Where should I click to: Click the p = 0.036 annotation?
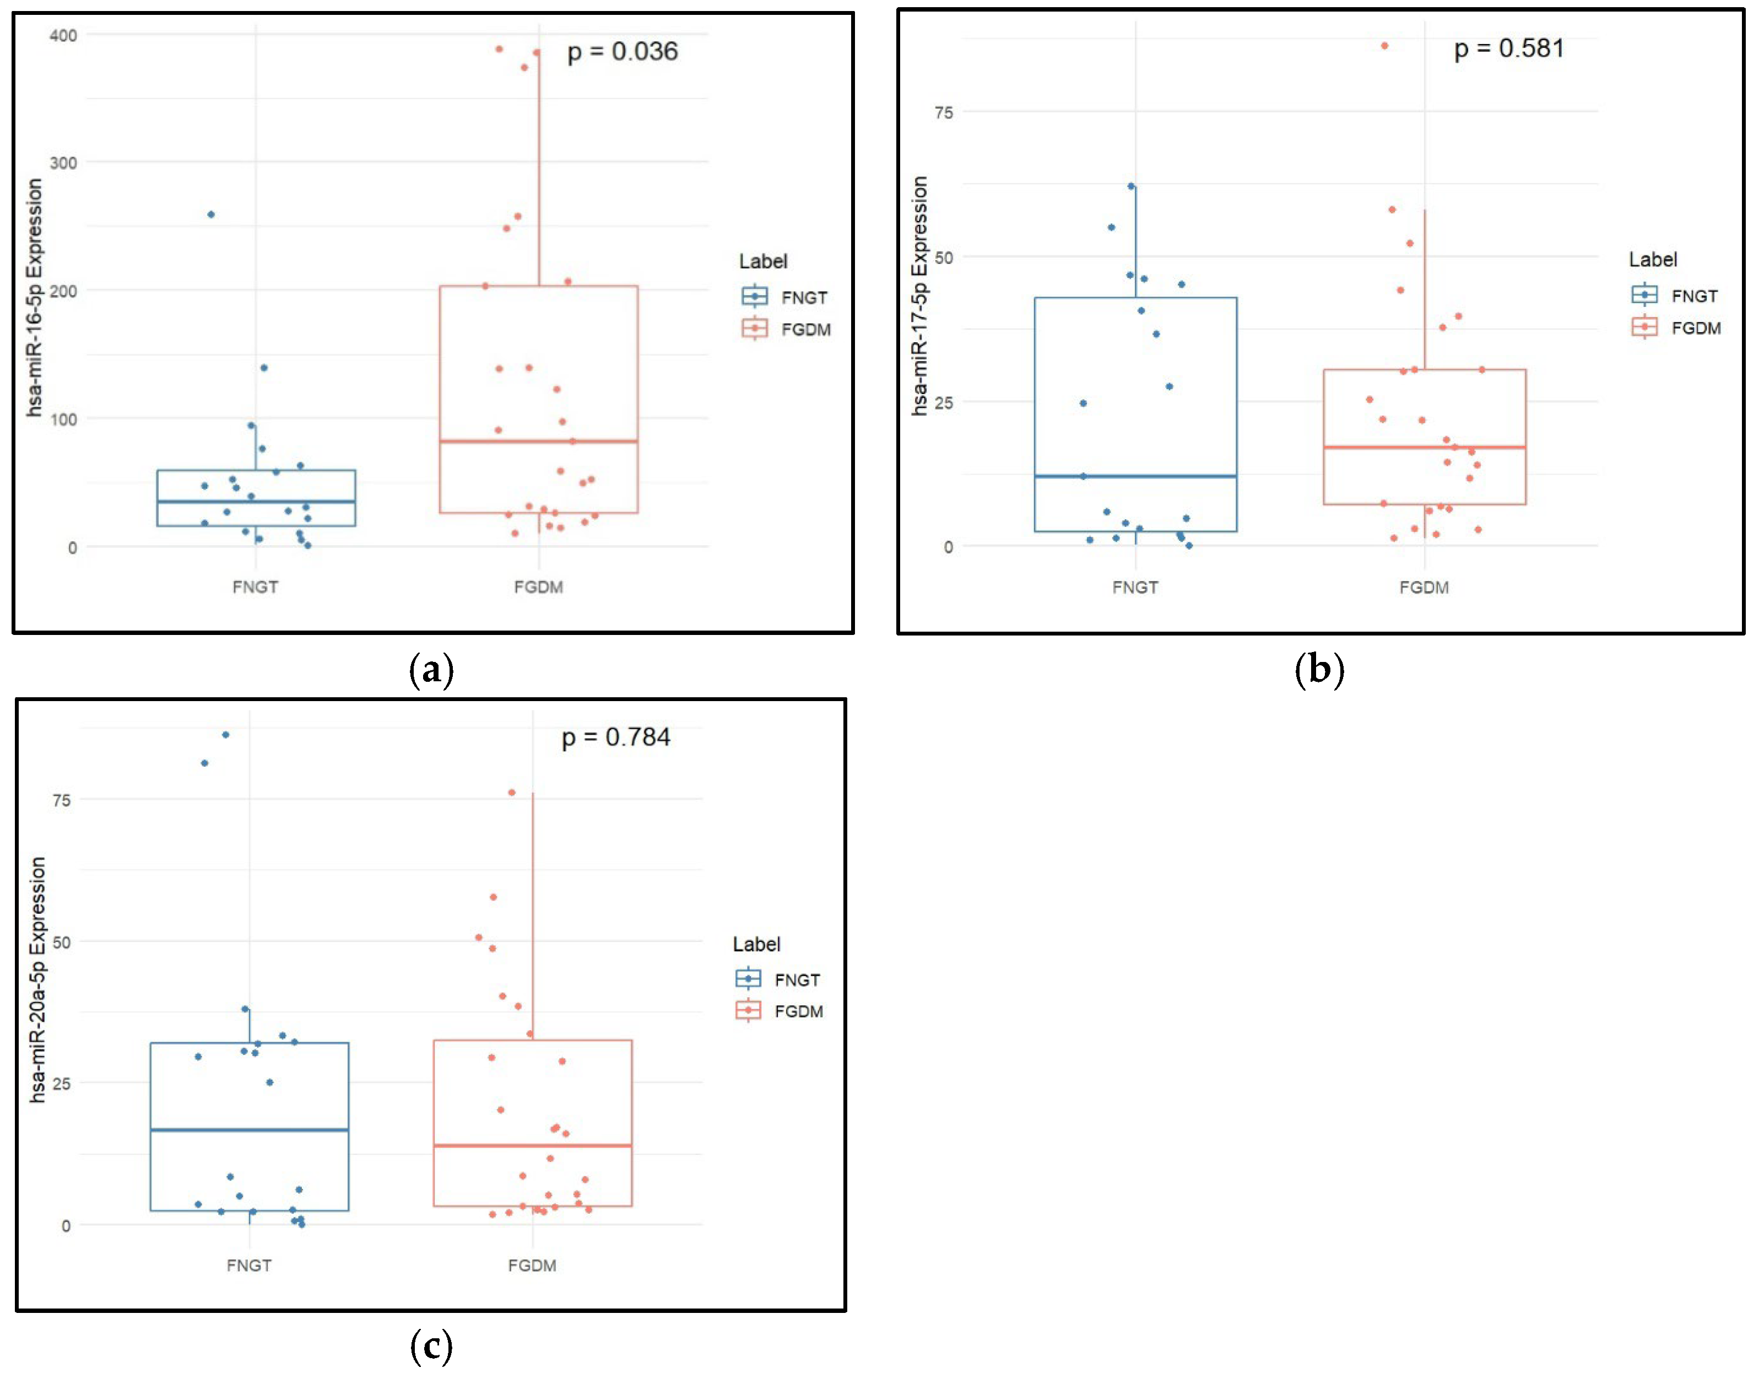(622, 52)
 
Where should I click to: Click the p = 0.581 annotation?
(1508, 49)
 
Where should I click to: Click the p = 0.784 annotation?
(615, 737)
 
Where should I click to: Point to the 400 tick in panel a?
(63, 35)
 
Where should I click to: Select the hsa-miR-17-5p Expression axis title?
(919, 296)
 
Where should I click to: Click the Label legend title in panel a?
(763, 261)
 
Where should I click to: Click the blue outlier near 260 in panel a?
(211, 214)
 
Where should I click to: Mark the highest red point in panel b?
(1384, 46)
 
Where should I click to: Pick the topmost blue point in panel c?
(225, 735)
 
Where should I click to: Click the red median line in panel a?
(538, 441)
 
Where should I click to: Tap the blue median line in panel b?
(1135, 476)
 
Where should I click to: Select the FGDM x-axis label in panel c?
(532, 1265)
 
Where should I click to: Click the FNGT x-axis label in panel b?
(1135, 588)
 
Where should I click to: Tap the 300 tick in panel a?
(63, 163)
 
